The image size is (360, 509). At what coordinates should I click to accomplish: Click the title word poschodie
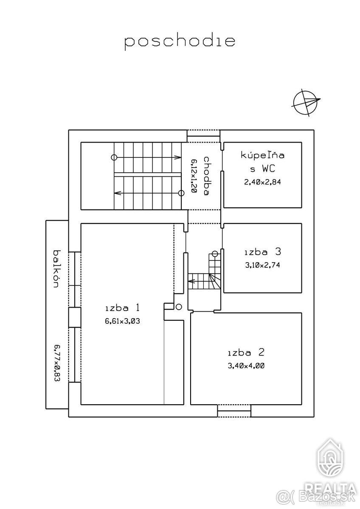pyautogui.click(x=180, y=42)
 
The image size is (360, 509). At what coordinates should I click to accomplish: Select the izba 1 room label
pyautogui.click(x=122, y=308)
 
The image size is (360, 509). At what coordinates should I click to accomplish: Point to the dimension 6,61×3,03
pyautogui.click(x=122, y=321)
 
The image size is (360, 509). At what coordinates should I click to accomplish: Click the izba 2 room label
pyautogui.click(x=246, y=352)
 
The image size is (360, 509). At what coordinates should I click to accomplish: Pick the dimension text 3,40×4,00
pyautogui.click(x=246, y=366)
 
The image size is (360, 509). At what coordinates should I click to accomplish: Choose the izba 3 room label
pyautogui.click(x=263, y=252)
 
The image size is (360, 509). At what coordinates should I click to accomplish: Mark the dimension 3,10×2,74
pyautogui.click(x=263, y=265)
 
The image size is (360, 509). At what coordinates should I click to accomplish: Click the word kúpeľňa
pyautogui.click(x=262, y=155)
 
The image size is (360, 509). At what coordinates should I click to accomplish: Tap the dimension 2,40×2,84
pyautogui.click(x=262, y=182)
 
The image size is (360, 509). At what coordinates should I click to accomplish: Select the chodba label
pyautogui.click(x=206, y=176)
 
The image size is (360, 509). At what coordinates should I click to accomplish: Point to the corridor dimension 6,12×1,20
pyautogui.click(x=194, y=176)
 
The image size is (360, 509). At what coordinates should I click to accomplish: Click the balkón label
pyautogui.click(x=57, y=269)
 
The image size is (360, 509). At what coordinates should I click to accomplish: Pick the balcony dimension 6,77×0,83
pyautogui.click(x=57, y=363)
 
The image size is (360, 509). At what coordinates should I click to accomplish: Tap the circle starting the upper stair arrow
pyautogui.click(x=114, y=157)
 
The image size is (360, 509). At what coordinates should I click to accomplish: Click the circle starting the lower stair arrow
pyautogui.click(x=181, y=193)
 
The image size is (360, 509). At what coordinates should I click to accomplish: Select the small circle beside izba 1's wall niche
pyautogui.click(x=179, y=307)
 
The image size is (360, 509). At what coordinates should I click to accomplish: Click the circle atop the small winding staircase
pyautogui.click(x=215, y=254)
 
